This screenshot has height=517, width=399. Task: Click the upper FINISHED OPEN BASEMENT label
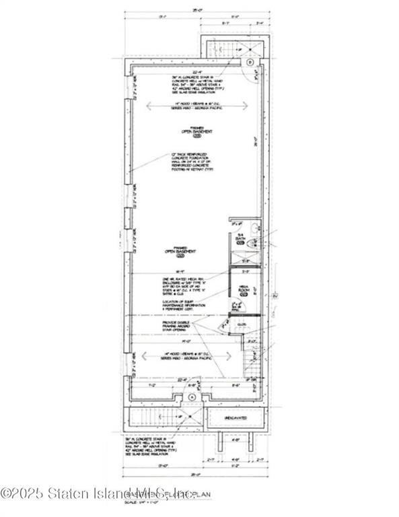pos(196,133)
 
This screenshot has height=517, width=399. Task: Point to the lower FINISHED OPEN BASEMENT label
pos(176,253)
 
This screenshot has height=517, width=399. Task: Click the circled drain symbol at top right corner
pos(250,62)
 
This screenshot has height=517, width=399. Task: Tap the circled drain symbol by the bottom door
pos(192,398)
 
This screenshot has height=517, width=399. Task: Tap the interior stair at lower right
pos(254,367)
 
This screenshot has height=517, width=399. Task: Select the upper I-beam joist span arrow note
pos(195,106)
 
